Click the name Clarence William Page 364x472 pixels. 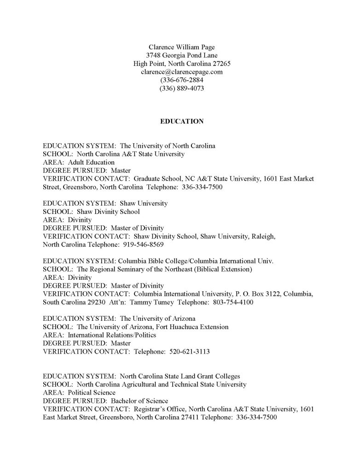(182, 47)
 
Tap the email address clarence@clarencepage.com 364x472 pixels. (182, 71)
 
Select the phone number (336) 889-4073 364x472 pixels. (182, 88)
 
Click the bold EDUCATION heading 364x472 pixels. (182, 122)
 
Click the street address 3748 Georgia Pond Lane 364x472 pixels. (182, 55)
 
